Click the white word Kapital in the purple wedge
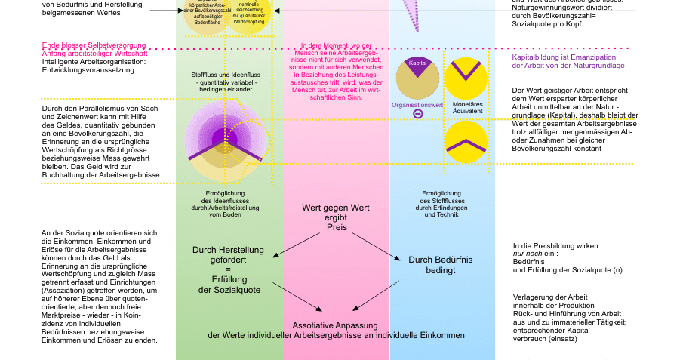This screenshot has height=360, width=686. (417, 63)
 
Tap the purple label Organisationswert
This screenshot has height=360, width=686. (417, 105)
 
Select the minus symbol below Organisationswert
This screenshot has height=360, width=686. (417, 114)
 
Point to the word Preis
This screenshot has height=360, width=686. (337, 227)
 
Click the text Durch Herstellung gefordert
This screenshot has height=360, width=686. (228, 256)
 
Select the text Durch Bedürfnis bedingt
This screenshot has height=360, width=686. (440, 265)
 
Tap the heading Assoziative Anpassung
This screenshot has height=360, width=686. (334, 325)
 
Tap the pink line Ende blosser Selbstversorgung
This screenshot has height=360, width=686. (94, 45)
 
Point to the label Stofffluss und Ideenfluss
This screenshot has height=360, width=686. (226, 75)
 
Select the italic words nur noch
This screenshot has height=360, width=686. (528, 254)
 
